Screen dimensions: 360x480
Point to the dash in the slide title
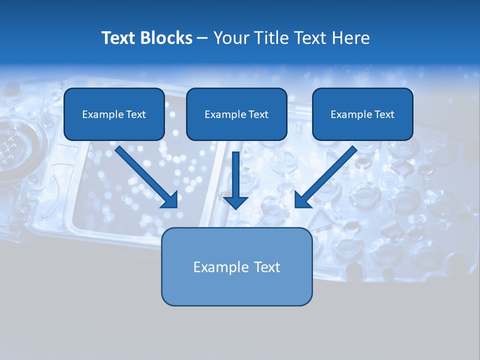pyautogui.click(x=202, y=38)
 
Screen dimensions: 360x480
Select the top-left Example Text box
pyautogui.click(x=114, y=114)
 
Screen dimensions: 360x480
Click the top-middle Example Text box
pyautogui.click(x=236, y=114)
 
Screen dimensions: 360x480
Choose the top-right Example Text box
pyautogui.click(x=362, y=114)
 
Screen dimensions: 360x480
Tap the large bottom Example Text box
pyautogui.click(x=236, y=266)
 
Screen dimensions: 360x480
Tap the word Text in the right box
pyautogui.click(x=384, y=114)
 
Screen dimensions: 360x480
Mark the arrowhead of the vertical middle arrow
pyautogui.click(x=235, y=202)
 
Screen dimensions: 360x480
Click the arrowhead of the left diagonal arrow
pyautogui.click(x=170, y=200)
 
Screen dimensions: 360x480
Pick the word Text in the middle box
pyautogui.click(x=258, y=114)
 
